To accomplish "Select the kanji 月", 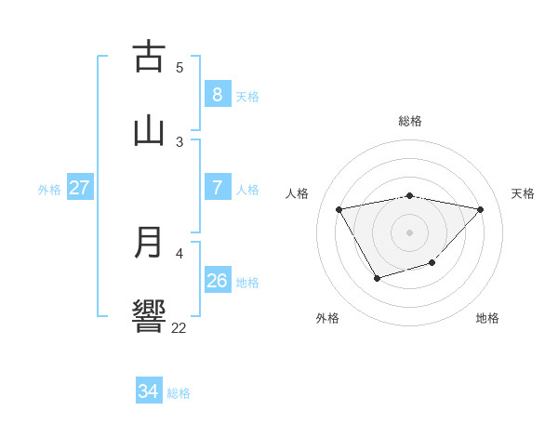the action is (x=149, y=243).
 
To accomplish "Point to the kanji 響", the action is (x=149, y=315).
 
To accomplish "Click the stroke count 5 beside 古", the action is (x=179, y=67).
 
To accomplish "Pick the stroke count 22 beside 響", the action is (x=179, y=327).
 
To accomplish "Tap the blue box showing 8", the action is (x=217, y=95).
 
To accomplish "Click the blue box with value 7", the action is (x=217, y=188).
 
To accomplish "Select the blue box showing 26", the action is (x=217, y=281).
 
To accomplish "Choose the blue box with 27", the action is (x=79, y=188).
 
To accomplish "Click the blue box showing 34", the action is (x=148, y=391).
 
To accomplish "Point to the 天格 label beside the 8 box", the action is (x=246, y=97).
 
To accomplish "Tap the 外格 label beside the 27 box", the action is (x=49, y=190).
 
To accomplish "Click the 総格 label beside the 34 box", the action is (x=179, y=393).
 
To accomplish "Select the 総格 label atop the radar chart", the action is (x=410, y=121).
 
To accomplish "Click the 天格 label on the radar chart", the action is (x=523, y=193).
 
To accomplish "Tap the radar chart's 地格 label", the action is (x=487, y=318).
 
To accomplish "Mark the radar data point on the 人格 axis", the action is (x=339, y=208).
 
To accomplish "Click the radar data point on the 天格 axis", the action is (x=481, y=209).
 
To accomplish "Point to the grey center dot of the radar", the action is (x=410, y=232).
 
